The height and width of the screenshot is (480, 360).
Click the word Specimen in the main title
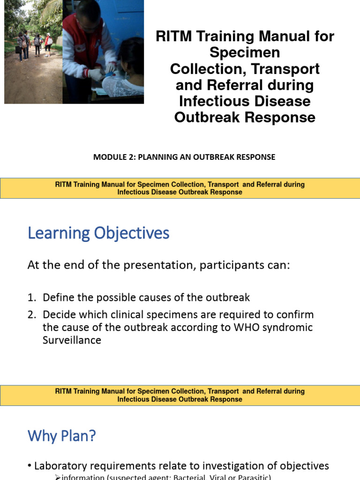[245, 52]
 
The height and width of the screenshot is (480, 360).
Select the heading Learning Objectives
[98, 233]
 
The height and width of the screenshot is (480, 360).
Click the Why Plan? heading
[62, 436]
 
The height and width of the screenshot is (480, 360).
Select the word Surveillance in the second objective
[72, 340]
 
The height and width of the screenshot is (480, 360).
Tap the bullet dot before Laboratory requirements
[30, 466]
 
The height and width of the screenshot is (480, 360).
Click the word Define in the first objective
[58, 297]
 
